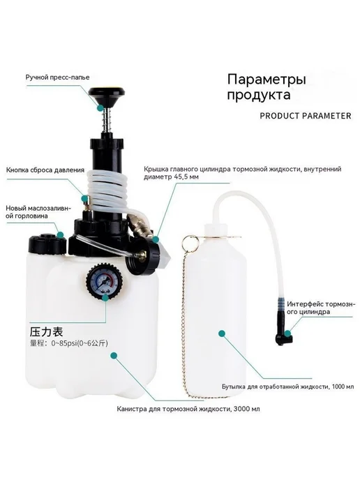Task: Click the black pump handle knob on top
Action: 106,93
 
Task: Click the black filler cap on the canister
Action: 47,244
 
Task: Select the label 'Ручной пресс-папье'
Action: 57,77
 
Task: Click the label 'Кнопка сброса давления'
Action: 45,170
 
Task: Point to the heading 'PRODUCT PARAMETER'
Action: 306,116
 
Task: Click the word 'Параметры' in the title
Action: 267,80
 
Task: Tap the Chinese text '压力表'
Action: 46,331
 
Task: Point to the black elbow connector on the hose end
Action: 283,336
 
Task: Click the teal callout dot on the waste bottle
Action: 222,333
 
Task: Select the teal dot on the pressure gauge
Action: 105,297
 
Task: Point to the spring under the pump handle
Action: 106,121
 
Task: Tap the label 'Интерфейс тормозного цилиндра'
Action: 321,308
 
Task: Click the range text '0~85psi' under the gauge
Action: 63,343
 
